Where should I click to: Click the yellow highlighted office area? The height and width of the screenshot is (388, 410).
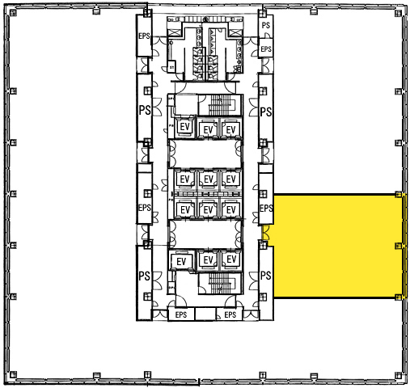[x=338, y=246]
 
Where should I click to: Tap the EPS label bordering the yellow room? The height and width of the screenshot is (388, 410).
[x=266, y=209]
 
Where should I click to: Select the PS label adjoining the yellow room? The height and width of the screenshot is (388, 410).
[x=266, y=276]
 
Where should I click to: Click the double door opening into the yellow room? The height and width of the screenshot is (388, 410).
[x=266, y=233]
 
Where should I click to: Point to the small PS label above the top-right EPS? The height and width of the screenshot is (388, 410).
[x=266, y=25]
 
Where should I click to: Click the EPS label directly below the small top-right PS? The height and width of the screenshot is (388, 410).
[x=266, y=49]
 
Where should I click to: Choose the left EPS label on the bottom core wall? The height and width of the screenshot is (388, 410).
[x=181, y=314]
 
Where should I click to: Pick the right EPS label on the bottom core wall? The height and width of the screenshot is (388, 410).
[x=230, y=314]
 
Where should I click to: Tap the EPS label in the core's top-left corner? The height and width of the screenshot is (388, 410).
[x=144, y=36]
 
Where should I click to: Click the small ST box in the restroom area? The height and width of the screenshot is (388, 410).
[x=171, y=66]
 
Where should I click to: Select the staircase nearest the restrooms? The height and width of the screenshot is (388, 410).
[x=221, y=104]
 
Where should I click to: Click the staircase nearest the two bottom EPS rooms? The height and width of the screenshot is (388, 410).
[x=221, y=284]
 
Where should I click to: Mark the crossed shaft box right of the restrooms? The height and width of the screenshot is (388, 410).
[x=235, y=33]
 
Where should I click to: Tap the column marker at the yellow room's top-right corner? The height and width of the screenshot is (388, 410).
[x=398, y=194]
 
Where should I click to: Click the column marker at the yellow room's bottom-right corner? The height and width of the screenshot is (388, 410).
[x=398, y=297]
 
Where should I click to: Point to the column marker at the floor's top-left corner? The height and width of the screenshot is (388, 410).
[x=13, y=12]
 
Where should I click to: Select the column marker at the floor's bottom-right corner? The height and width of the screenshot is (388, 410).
[x=398, y=375]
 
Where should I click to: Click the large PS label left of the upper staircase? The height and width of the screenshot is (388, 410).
[x=145, y=110]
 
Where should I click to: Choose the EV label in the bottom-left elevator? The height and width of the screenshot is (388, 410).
[x=181, y=261]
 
